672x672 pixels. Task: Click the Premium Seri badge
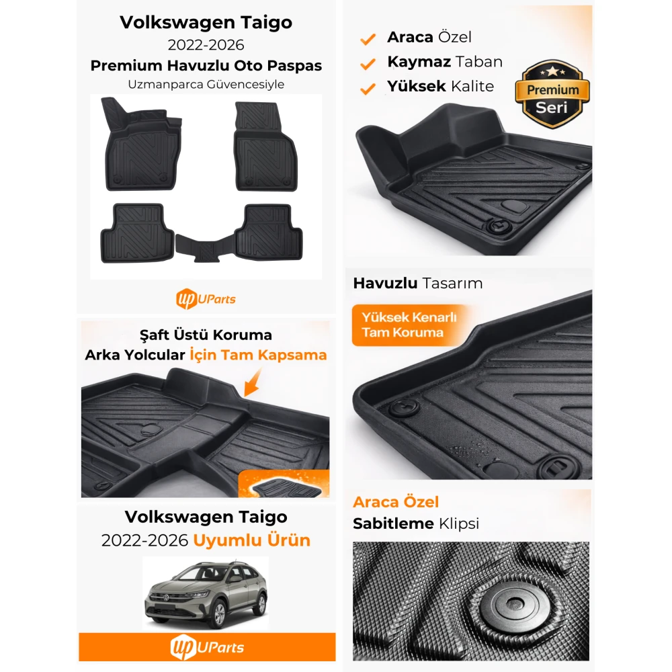click(552, 94)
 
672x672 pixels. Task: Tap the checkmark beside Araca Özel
click(368, 39)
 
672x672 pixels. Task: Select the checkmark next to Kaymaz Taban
click(368, 64)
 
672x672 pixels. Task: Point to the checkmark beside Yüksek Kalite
click(368, 89)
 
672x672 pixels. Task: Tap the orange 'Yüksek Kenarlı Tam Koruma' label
click(409, 325)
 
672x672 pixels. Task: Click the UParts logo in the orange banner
click(207, 647)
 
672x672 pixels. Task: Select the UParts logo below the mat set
click(206, 299)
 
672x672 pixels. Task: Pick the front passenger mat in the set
click(265, 146)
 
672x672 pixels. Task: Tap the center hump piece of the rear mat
click(205, 249)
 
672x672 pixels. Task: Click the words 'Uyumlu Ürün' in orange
click(251, 540)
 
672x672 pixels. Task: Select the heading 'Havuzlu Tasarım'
click(418, 284)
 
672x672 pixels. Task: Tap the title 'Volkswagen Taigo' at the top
click(206, 22)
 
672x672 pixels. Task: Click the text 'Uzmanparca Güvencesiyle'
click(206, 84)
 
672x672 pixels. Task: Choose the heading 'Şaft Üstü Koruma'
click(206, 335)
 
